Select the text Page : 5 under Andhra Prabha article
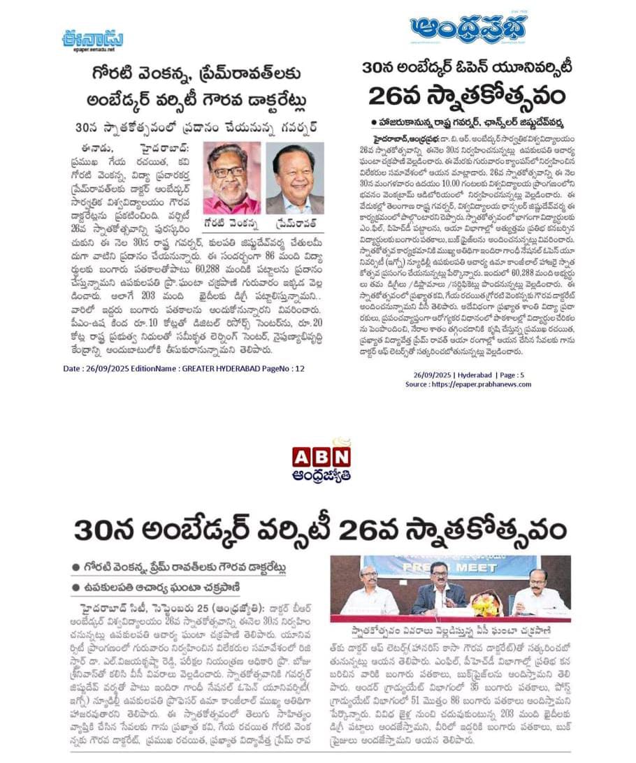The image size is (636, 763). point(523,375)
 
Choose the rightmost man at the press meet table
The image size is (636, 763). point(539,593)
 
